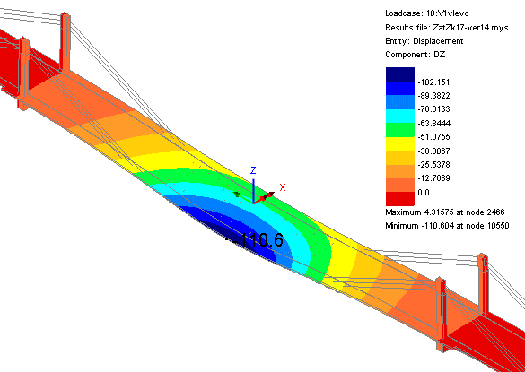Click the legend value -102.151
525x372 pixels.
click(434, 82)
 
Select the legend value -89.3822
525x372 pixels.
click(434, 96)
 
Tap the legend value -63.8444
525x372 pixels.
click(434, 124)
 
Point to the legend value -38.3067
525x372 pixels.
click(434, 151)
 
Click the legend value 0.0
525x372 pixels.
click(424, 193)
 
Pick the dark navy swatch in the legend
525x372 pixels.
click(400, 74)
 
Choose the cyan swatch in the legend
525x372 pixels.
click(400, 116)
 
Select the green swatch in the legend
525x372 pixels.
click(400, 130)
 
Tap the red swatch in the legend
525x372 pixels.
click(400, 199)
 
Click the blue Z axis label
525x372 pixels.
click(253, 170)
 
